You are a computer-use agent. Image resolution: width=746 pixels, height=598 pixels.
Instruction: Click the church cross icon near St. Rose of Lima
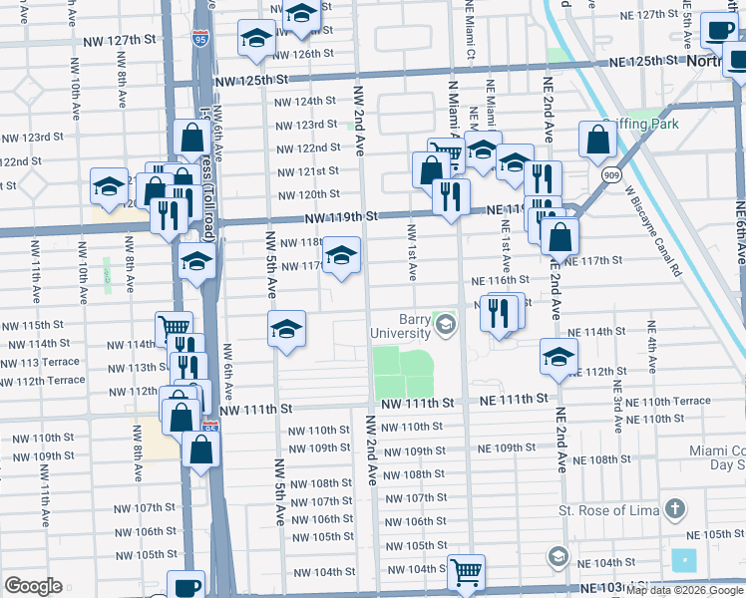[x=675, y=510]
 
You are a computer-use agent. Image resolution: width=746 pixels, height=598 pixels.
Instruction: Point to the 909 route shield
[x=609, y=174]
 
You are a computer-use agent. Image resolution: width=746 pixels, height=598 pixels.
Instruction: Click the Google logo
[x=33, y=586]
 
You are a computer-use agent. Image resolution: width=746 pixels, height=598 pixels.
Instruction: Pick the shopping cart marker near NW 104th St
[x=466, y=572]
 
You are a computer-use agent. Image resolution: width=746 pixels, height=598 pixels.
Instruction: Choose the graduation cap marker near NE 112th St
[x=559, y=356]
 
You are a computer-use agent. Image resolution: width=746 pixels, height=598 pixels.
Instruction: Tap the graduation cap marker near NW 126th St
[x=256, y=39]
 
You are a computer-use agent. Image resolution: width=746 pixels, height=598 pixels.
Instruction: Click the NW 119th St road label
[x=342, y=216]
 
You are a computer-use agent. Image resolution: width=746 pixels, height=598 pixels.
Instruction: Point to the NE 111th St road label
[x=514, y=398]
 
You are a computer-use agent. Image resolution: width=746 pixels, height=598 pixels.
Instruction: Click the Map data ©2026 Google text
[x=683, y=590]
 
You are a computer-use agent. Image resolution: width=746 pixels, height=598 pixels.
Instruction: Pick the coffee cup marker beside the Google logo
[x=185, y=587]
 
